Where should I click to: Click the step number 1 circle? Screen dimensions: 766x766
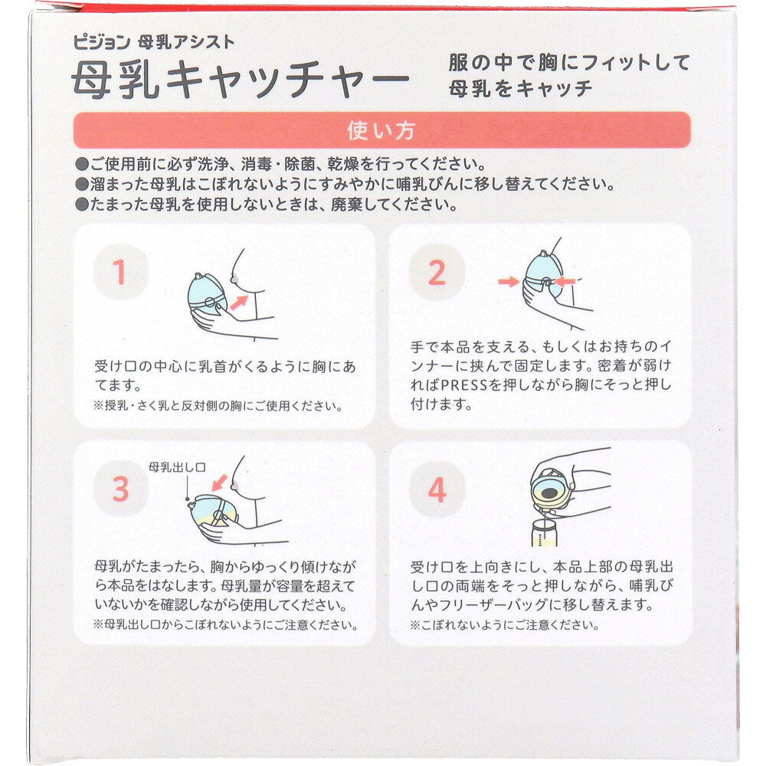tap(121, 272)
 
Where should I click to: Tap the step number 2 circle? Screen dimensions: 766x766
tap(437, 272)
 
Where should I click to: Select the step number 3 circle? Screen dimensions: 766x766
tap(121, 489)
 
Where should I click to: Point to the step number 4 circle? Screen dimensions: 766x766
tap(437, 489)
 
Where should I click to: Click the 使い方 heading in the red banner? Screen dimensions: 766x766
tap(381, 131)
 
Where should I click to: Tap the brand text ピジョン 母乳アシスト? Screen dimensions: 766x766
tap(154, 42)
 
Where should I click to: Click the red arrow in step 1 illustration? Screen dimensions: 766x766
tap(239, 302)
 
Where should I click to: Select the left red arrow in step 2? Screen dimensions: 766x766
tap(509, 281)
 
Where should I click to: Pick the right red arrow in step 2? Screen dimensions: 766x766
tap(565, 281)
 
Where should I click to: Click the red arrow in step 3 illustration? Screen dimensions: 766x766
tap(219, 482)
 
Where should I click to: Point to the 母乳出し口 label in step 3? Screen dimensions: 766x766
tap(177, 467)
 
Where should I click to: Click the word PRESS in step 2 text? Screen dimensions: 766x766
tap(464, 385)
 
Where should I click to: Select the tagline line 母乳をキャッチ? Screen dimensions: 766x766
tap(520, 89)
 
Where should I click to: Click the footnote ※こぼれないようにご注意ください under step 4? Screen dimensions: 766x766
tap(504, 625)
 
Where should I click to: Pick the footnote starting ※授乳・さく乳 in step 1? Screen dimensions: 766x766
tap(218, 406)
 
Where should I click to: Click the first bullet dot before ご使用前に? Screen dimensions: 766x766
tap(82, 164)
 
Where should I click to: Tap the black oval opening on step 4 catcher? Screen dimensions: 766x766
tap(550, 493)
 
